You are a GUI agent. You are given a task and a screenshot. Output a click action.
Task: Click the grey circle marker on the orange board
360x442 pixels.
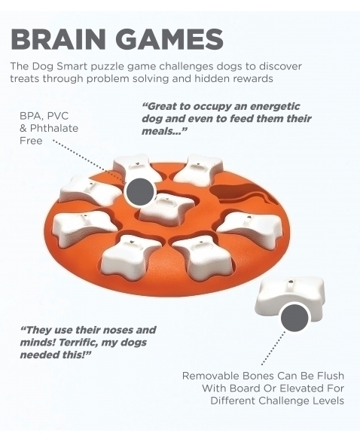(x=140, y=192)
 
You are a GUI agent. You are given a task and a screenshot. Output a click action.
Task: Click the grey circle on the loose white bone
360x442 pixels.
(x=294, y=318)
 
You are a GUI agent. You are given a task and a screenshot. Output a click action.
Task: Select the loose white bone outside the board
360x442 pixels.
(x=289, y=299)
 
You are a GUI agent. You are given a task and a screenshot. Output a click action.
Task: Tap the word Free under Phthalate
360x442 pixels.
(x=31, y=141)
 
